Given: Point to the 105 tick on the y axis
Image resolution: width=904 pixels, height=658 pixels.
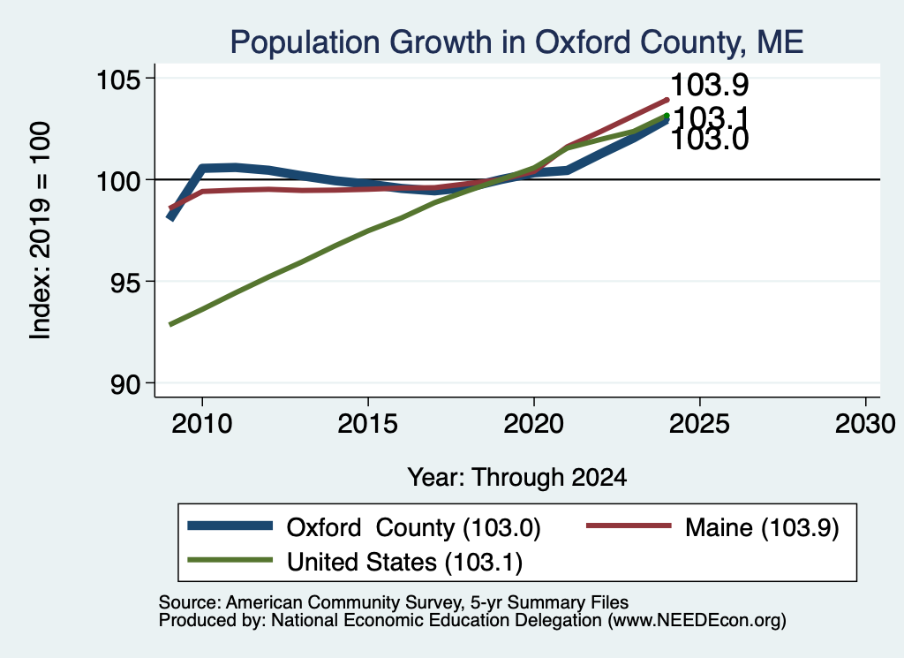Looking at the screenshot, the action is pos(119,79).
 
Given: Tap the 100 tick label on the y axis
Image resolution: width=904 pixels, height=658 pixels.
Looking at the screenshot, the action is pos(119,180).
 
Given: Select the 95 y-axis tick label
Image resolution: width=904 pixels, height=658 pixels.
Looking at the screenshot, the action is pos(125,282).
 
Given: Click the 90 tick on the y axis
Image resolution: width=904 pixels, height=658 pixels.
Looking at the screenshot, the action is pos(125,384).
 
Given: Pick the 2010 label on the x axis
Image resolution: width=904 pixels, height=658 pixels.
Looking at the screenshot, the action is pos(202,424).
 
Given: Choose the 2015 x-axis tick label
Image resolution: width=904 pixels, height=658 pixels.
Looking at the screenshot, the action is pos(368,424).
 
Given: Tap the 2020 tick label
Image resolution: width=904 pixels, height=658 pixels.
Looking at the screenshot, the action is pos(534,424).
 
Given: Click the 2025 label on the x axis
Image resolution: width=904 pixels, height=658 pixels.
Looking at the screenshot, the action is pos(699,424).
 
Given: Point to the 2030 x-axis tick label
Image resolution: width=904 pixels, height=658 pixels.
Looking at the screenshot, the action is pos(865,424).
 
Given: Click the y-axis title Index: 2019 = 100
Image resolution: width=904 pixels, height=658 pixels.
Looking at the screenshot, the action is pos(41,231).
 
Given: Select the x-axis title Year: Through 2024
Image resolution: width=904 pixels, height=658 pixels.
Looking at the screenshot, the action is pos(517,478).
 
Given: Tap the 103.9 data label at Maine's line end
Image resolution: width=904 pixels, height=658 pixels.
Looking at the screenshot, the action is pos(710,85).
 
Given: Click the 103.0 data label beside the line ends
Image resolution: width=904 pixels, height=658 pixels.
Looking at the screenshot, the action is pos(710,140).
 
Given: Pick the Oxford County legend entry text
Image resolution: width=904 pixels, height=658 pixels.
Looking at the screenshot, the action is pos(413,528).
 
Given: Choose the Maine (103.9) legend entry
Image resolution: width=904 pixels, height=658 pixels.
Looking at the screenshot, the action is pos(762,528).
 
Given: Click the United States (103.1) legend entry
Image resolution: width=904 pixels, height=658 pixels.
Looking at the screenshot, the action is pos(404,563).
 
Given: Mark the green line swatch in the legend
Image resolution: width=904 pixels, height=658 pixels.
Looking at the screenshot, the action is pos(230,560).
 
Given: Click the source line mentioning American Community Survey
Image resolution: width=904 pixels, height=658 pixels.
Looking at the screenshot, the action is pos(393,602).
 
